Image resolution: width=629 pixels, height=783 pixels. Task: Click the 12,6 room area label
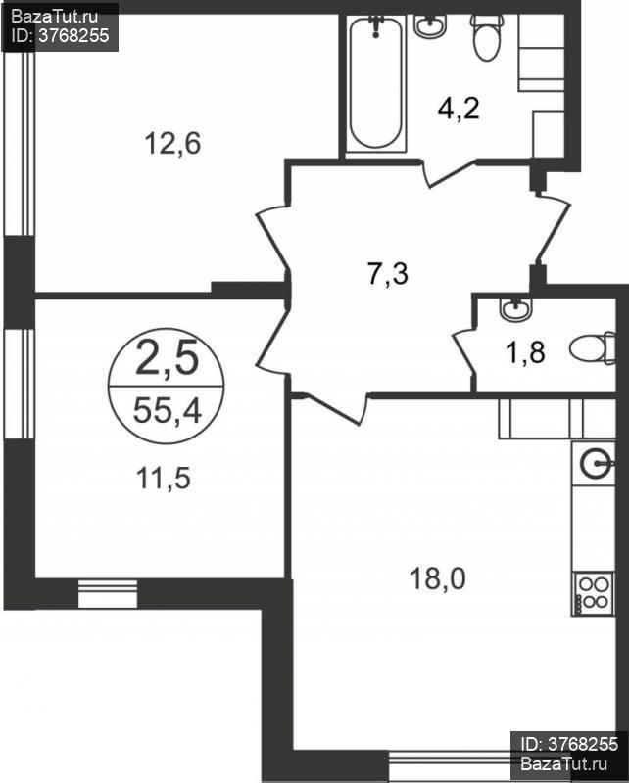click(172, 143)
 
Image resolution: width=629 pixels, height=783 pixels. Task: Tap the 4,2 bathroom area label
click(459, 109)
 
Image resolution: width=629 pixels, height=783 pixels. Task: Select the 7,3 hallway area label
click(388, 274)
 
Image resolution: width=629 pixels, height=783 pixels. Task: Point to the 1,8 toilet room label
click(525, 352)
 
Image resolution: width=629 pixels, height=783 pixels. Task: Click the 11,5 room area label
click(164, 478)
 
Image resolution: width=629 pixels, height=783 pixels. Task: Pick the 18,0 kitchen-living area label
click(438, 578)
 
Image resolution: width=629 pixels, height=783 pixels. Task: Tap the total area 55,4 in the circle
click(167, 412)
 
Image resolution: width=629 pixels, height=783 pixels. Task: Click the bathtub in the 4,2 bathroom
click(376, 83)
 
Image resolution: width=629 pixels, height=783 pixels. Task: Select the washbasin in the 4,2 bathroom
click(430, 26)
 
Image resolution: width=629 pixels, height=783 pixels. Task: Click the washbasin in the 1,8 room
click(516, 309)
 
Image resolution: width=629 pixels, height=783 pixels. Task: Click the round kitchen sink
click(596, 464)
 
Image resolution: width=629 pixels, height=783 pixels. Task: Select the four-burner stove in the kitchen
click(593, 593)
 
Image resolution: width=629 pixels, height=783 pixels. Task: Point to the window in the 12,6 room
click(19, 143)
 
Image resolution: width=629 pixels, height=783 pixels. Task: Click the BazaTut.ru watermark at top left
click(55, 17)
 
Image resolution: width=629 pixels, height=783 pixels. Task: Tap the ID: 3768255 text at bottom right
click(569, 744)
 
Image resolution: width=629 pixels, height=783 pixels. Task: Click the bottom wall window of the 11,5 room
click(108, 594)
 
